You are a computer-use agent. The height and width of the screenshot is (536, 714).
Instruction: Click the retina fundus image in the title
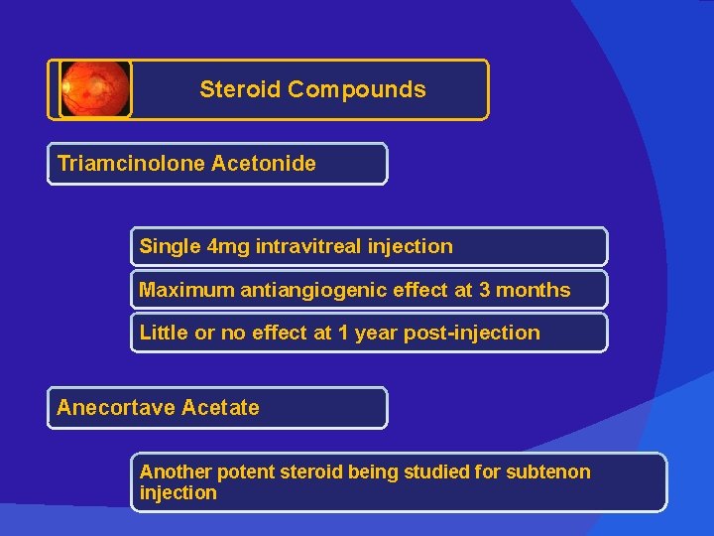click(95, 89)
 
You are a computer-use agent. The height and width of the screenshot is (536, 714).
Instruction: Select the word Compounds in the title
click(357, 89)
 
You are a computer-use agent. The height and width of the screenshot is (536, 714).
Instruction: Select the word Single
click(169, 246)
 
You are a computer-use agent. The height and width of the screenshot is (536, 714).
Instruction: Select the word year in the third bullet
click(376, 334)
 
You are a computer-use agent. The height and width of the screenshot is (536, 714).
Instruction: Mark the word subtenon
click(548, 471)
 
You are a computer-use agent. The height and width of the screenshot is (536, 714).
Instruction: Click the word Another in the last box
click(175, 471)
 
